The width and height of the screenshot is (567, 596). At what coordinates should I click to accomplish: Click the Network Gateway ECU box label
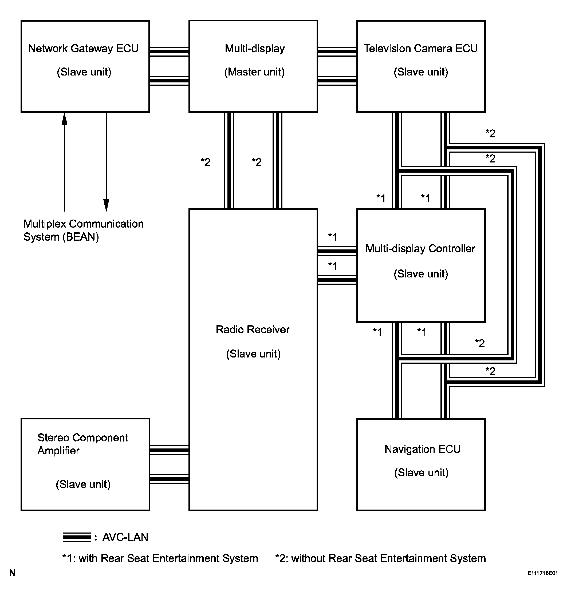pyautogui.click(x=83, y=48)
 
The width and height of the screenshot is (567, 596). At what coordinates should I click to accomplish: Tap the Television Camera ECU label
pyautogui.click(x=421, y=48)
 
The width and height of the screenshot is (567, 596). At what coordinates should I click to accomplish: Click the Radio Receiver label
pyautogui.click(x=253, y=329)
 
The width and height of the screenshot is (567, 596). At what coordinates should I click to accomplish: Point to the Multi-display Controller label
pyautogui.click(x=420, y=249)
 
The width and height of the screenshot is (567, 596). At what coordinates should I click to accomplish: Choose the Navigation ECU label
pyautogui.click(x=423, y=449)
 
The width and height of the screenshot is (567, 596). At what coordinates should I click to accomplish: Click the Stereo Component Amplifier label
pyautogui.click(x=82, y=444)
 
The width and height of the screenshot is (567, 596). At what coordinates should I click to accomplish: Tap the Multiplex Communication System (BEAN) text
pyautogui.click(x=83, y=230)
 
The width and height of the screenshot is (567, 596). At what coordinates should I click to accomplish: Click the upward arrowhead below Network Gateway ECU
pyautogui.click(x=64, y=119)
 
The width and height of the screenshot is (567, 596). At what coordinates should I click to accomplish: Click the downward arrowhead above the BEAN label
pyautogui.click(x=106, y=205)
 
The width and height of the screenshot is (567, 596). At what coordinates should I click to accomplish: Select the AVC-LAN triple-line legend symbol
pyautogui.click(x=76, y=537)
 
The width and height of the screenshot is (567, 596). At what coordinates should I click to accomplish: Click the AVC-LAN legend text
pyautogui.click(x=125, y=537)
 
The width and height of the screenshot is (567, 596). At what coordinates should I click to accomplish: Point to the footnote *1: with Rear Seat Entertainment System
pyautogui.click(x=160, y=558)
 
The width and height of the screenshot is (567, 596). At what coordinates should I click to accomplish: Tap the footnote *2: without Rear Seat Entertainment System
pyautogui.click(x=380, y=558)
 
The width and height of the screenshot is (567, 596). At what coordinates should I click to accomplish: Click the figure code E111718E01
pyautogui.click(x=542, y=573)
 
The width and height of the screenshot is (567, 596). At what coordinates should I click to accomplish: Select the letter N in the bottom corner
pyautogui.click(x=12, y=573)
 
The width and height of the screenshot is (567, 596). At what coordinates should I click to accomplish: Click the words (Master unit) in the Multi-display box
pyautogui.click(x=254, y=72)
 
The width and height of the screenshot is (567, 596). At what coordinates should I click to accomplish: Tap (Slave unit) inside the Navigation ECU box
pyautogui.click(x=421, y=472)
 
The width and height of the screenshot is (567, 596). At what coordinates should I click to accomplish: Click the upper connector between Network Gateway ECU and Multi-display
pyautogui.click(x=169, y=52)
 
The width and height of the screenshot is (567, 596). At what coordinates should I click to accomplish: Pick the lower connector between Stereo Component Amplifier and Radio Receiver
pyautogui.click(x=169, y=479)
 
